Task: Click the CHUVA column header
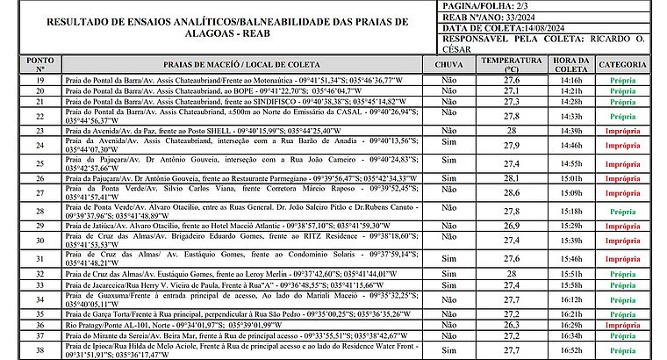click(449, 65)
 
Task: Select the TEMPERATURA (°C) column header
click(511, 65)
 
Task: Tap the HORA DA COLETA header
click(570, 65)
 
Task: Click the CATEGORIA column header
click(623, 65)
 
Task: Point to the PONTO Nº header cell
click(40, 65)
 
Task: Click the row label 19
click(40, 80)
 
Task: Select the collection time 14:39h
click(570, 130)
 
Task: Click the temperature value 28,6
click(511, 192)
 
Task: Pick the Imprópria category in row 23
click(623, 130)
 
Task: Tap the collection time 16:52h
click(570, 349)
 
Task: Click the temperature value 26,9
click(511, 225)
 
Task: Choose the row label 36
click(40, 324)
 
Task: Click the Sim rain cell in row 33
click(449, 285)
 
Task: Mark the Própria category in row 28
click(623, 212)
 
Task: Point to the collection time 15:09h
click(570, 192)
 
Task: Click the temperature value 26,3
click(511, 324)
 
